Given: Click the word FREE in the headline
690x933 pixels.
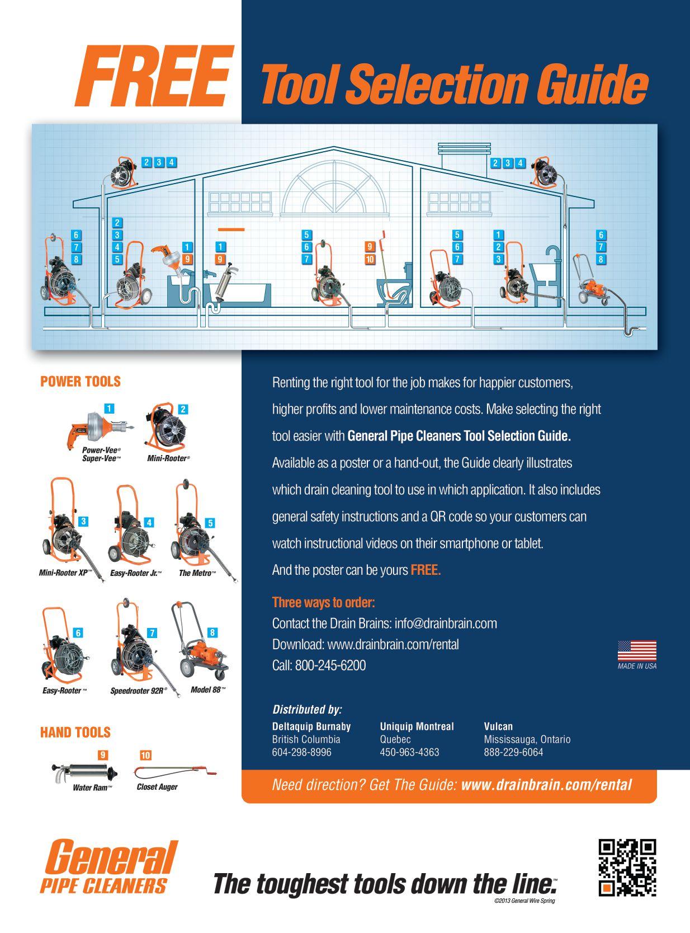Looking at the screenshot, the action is pyautogui.click(x=154, y=77).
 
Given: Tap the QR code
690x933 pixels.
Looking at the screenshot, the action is pyautogui.click(x=627, y=867).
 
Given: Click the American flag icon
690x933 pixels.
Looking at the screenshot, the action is pyautogui.click(x=637, y=651).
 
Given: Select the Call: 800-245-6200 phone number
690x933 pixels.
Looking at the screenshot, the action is pyautogui.click(x=319, y=665).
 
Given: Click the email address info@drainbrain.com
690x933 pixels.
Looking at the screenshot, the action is pyautogui.click(x=446, y=623).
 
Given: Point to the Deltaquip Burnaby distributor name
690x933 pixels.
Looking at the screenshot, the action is pyautogui.click(x=311, y=726).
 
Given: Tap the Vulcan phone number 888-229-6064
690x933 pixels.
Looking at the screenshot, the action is pyautogui.click(x=513, y=752).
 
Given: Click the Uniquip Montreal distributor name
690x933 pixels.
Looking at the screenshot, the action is pyautogui.click(x=417, y=726).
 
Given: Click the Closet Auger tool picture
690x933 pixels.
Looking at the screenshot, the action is pyautogui.click(x=175, y=773).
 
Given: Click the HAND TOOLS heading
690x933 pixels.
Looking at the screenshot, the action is pyautogui.click(x=75, y=732).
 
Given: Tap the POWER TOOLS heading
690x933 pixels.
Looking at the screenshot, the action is pyautogui.click(x=81, y=382).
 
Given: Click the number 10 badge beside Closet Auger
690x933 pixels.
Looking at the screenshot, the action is pyautogui.click(x=145, y=755).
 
